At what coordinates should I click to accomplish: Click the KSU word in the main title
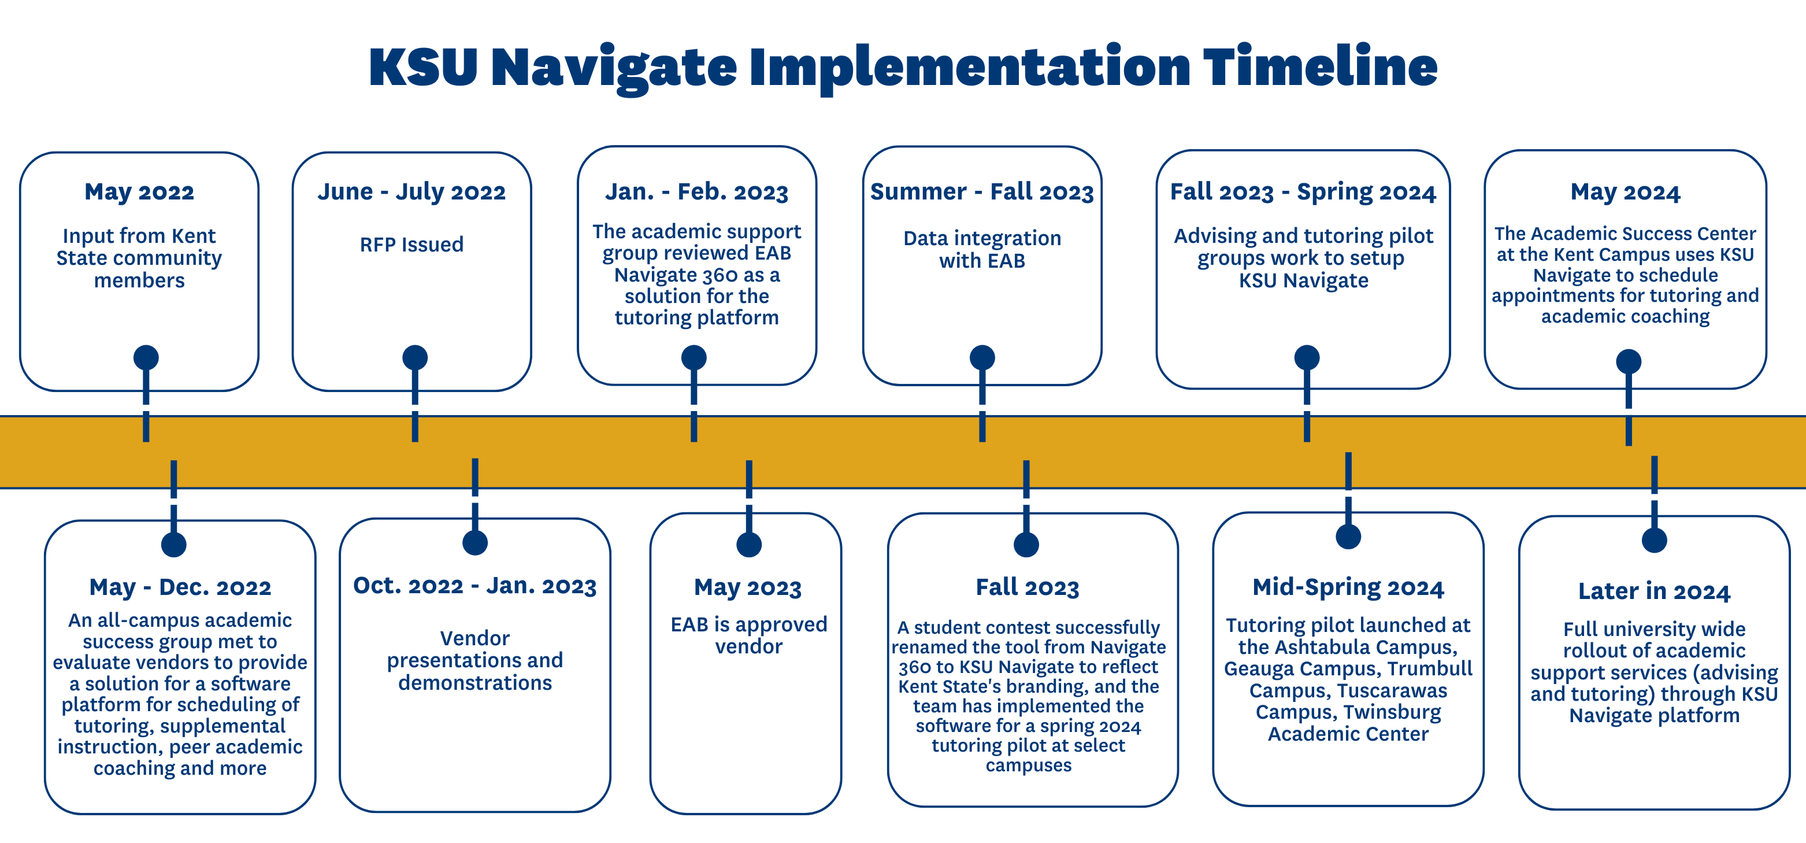coord(424,66)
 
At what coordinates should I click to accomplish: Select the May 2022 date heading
coord(139,191)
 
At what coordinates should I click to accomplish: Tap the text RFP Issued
coord(411,244)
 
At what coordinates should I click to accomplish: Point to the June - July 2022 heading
coord(411,191)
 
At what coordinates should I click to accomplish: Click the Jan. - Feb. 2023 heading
coord(696,191)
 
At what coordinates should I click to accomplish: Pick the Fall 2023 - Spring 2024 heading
coord(1303,191)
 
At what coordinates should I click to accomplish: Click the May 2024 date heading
coord(1625,191)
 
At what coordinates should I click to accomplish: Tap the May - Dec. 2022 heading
coord(180,587)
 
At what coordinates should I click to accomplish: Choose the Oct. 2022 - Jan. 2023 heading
coord(474,586)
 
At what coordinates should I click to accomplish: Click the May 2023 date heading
coord(747,587)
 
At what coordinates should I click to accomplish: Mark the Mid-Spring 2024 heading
coord(1348,587)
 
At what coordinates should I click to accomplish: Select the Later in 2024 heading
coord(1654,591)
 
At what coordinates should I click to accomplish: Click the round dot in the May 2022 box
coord(146,358)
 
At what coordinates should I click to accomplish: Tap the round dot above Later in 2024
coord(1654,540)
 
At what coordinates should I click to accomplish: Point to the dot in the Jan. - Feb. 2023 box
coord(694,358)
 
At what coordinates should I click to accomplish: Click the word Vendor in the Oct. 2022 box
coord(474,638)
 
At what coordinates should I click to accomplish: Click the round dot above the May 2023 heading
coord(749,544)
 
